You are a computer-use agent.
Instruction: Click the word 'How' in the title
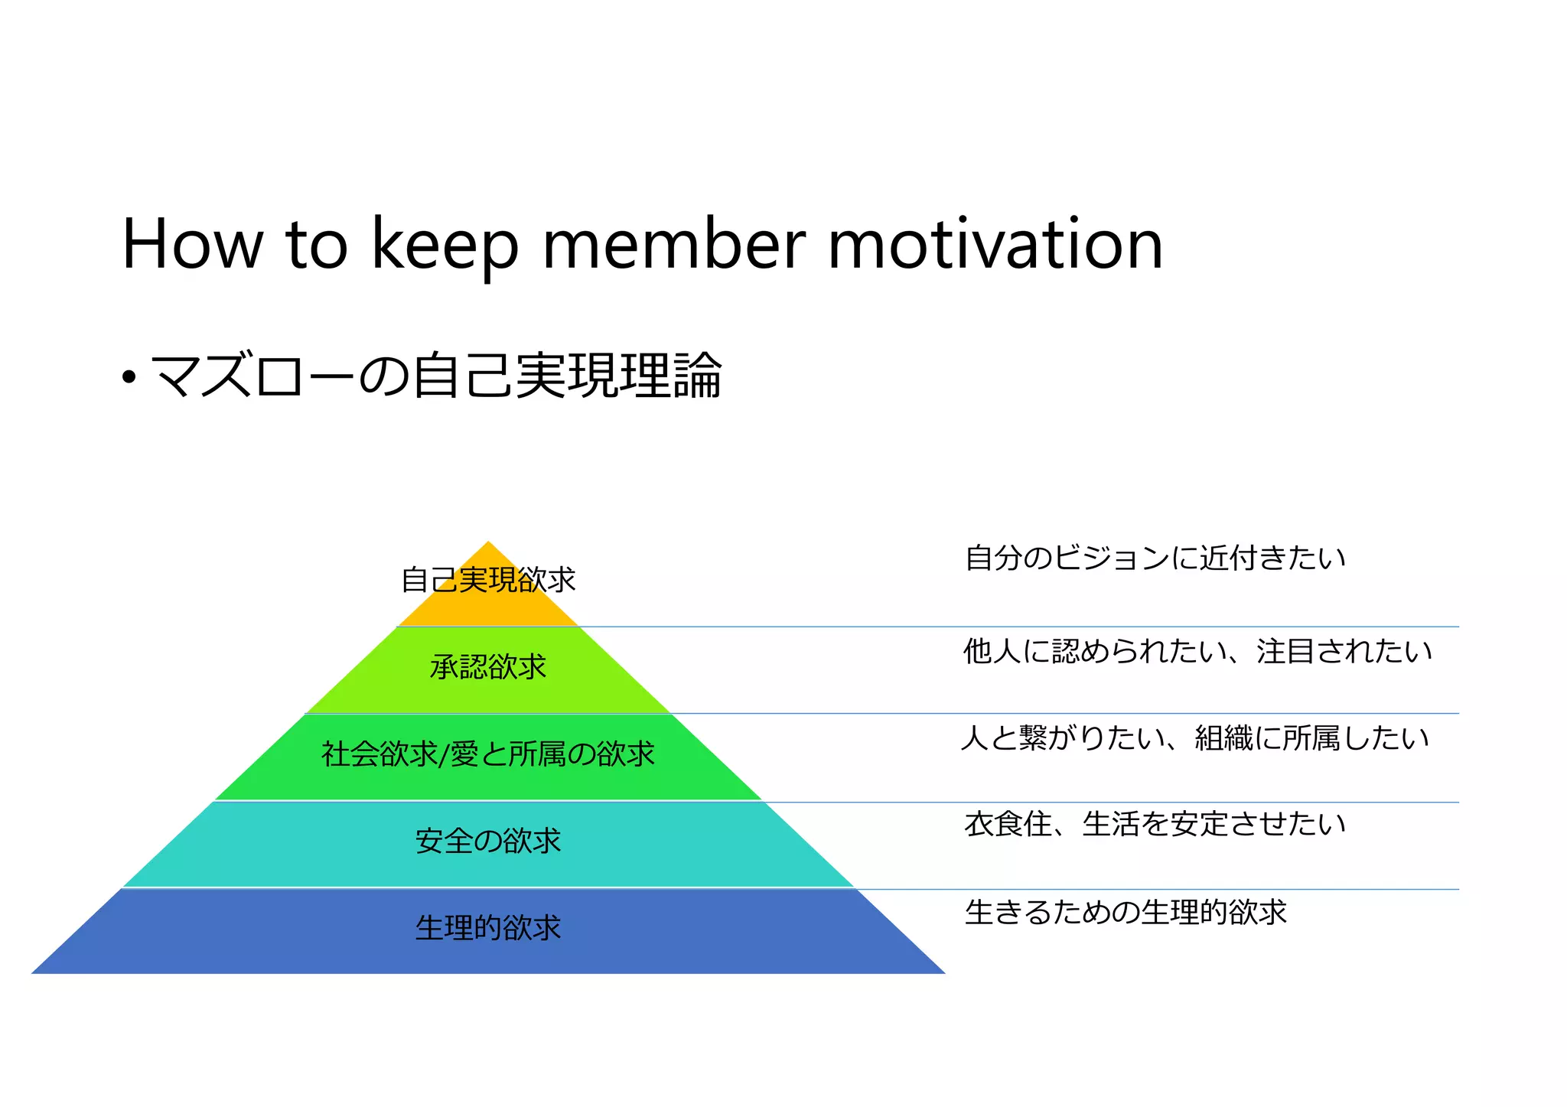click(x=191, y=245)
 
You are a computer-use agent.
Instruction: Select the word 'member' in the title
click(x=673, y=245)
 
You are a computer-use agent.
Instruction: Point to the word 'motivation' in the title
click(x=995, y=245)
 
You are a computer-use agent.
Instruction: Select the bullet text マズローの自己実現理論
click(x=436, y=376)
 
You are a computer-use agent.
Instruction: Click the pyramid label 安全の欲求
click(x=488, y=842)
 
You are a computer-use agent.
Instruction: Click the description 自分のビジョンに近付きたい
click(x=1155, y=558)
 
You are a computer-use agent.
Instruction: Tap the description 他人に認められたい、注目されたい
click(x=1197, y=652)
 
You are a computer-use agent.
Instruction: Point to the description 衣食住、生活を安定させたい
click(x=1155, y=825)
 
